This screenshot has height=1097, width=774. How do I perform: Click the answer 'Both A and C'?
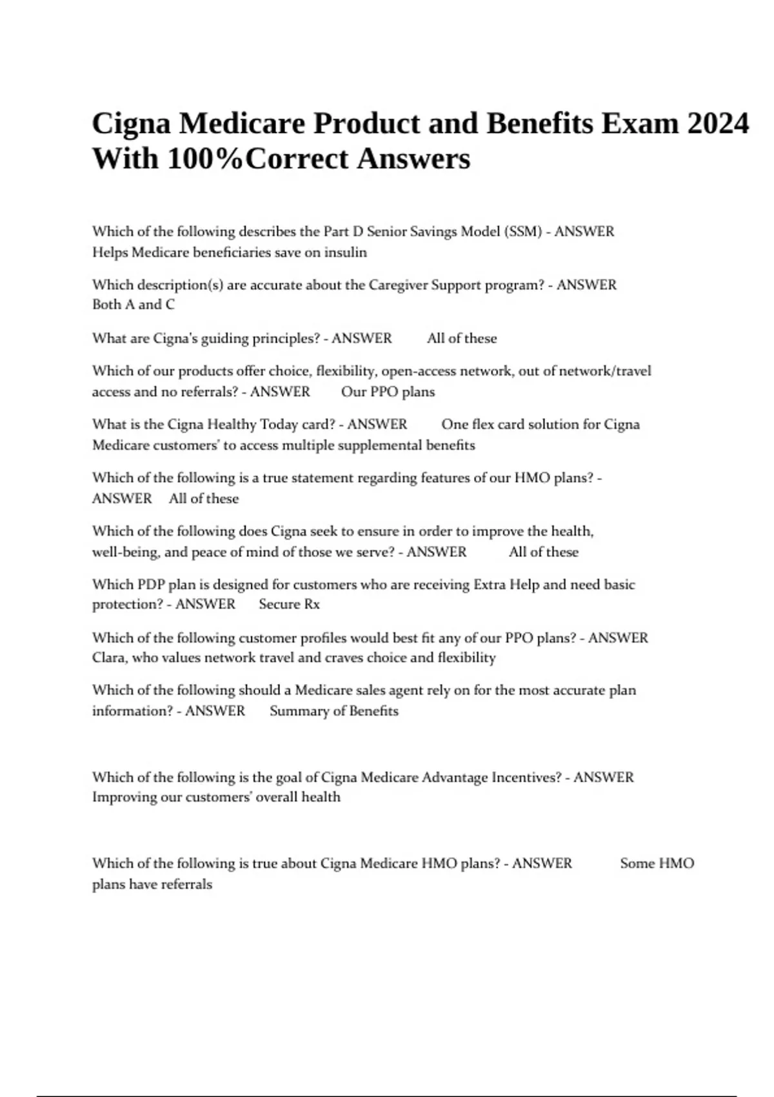[134, 305]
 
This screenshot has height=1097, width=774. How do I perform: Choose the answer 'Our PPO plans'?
[388, 392]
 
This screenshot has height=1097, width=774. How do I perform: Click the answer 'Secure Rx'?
[289, 604]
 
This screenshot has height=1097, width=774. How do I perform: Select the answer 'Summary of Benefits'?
[334, 711]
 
